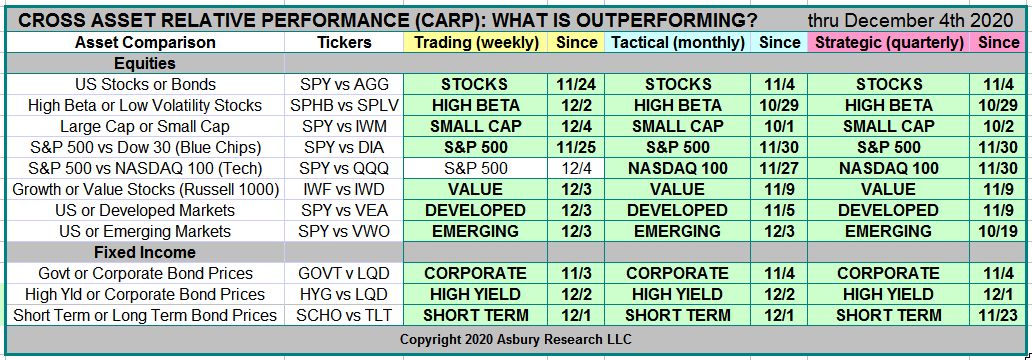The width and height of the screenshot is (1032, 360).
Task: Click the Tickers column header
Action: coord(344,43)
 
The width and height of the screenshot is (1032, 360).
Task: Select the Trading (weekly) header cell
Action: coord(477,43)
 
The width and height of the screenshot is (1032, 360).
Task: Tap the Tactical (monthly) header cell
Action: coord(678,43)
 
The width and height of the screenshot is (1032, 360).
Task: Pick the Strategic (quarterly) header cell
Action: coord(889,43)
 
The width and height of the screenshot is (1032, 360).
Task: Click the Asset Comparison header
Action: coord(145,43)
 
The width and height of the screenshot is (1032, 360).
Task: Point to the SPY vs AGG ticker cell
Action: coord(344,84)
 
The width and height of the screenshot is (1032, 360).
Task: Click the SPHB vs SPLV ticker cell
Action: coord(344,105)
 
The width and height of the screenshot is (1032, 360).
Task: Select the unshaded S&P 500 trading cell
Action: coord(475,168)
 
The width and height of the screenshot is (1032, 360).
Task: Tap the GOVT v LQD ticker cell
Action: coord(344,273)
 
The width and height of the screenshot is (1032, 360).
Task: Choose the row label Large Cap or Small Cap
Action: coord(144,126)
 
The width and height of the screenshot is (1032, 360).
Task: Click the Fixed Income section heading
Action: coord(145,252)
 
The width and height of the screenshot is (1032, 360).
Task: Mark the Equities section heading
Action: coord(145,64)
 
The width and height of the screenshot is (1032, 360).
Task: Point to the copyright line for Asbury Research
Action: coord(517,340)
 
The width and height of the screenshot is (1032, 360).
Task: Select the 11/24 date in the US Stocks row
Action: coord(576,84)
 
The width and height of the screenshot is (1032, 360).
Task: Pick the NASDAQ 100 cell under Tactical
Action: coord(677,168)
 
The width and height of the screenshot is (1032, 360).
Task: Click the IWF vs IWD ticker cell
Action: coord(344,190)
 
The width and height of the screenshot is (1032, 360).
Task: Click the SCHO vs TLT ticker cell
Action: coord(344,315)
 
